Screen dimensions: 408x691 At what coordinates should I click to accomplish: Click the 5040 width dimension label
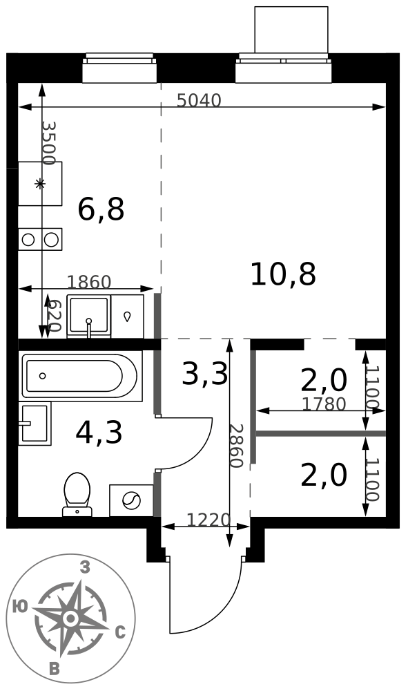[199, 100]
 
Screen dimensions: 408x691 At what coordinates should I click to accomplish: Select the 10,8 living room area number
[283, 274]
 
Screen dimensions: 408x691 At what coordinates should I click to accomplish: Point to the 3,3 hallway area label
[204, 374]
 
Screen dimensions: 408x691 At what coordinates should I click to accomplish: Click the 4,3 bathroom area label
[99, 433]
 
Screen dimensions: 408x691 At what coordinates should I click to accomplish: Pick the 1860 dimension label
[89, 282]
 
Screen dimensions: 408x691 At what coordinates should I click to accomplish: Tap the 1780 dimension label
[324, 404]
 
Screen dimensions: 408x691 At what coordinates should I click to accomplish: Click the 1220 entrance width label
[208, 520]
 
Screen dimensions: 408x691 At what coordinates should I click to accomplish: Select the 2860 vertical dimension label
[237, 446]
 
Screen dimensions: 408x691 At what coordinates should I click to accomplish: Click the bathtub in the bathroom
[80, 376]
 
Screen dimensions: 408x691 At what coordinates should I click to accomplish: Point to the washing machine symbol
[131, 500]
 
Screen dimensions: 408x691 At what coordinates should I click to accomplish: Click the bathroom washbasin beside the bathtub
[35, 423]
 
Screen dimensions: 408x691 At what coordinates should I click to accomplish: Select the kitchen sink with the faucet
[88, 316]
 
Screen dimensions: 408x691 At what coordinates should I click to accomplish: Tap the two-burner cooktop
[40, 240]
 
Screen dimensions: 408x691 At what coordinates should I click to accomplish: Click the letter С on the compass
[120, 633]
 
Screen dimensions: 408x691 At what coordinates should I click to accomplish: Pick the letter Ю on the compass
[20, 607]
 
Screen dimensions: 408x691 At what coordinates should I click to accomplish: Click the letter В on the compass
[54, 668]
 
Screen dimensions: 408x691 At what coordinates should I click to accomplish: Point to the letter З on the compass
[85, 567]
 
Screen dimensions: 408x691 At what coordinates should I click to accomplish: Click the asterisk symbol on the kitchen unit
[40, 183]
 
